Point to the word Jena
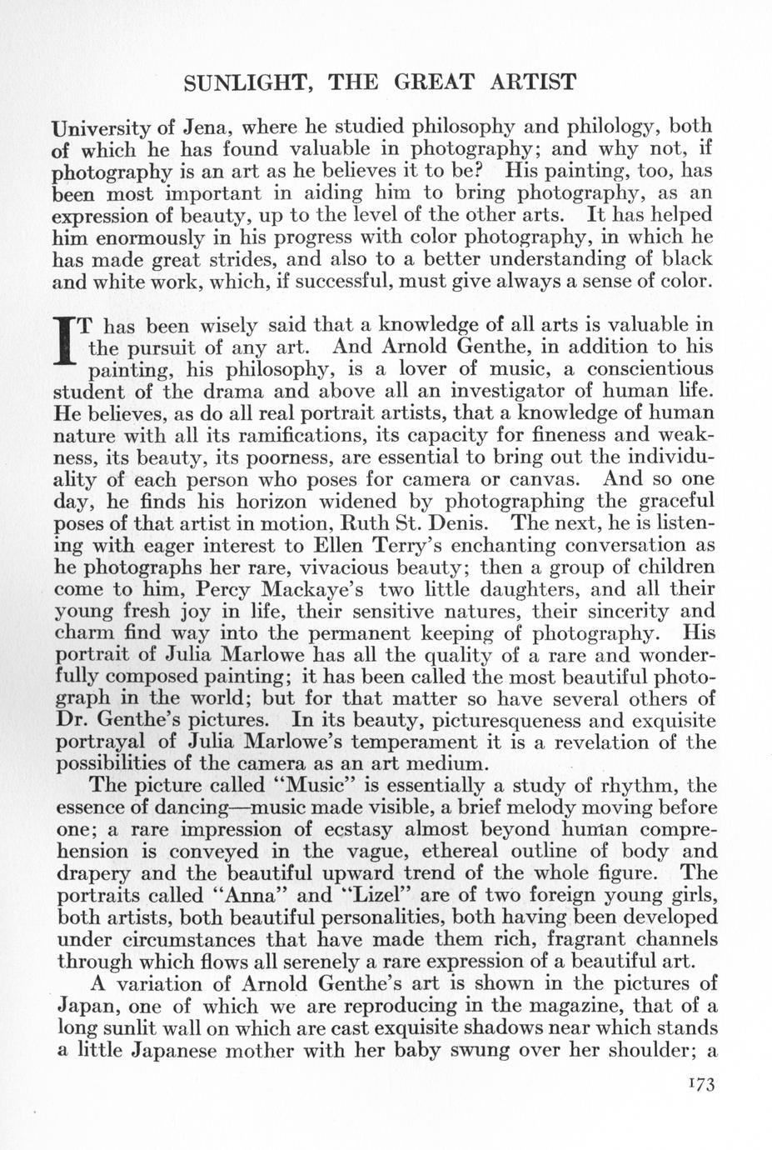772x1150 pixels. (x=207, y=127)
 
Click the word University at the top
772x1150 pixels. (x=102, y=128)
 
